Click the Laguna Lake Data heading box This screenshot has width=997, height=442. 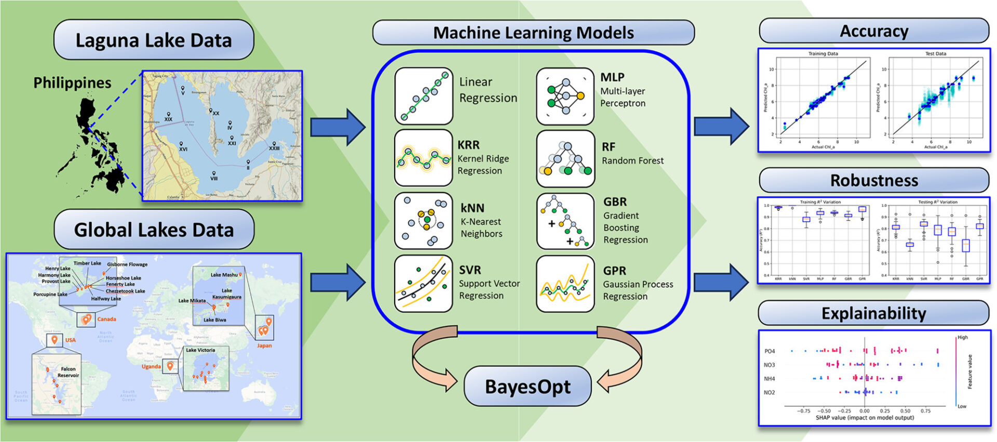pos(154,40)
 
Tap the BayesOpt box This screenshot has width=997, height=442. pos(527,386)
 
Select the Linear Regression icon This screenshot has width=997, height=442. pos(424,96)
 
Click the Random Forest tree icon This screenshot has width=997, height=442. pos(565,159)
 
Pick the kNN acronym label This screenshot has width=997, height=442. pos(472,208)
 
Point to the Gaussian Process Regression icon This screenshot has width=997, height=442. pos(565,284)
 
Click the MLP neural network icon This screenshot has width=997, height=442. pos(565,96)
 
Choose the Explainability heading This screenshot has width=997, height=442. pos(873,313)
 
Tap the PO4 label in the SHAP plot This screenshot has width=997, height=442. pos(770,351)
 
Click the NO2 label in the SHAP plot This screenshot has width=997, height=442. pos(770,392)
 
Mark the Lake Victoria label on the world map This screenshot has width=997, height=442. pos(200,350)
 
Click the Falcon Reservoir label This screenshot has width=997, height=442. pos(68,372)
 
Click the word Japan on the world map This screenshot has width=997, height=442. pos(264,346)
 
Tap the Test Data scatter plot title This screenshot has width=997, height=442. pos(935,53)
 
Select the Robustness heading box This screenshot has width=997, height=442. pos(873,181)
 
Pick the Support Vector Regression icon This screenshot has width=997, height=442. pos(424,284)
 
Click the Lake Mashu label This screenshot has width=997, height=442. pos(224,275)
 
